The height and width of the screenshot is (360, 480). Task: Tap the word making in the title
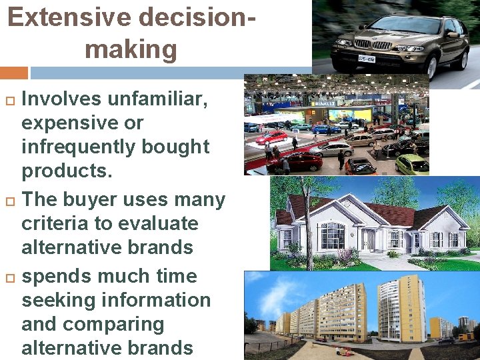(x=131, y=49)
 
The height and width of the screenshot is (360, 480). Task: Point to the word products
(x=67, y=171)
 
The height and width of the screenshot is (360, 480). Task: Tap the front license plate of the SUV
(x=365, y=59)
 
